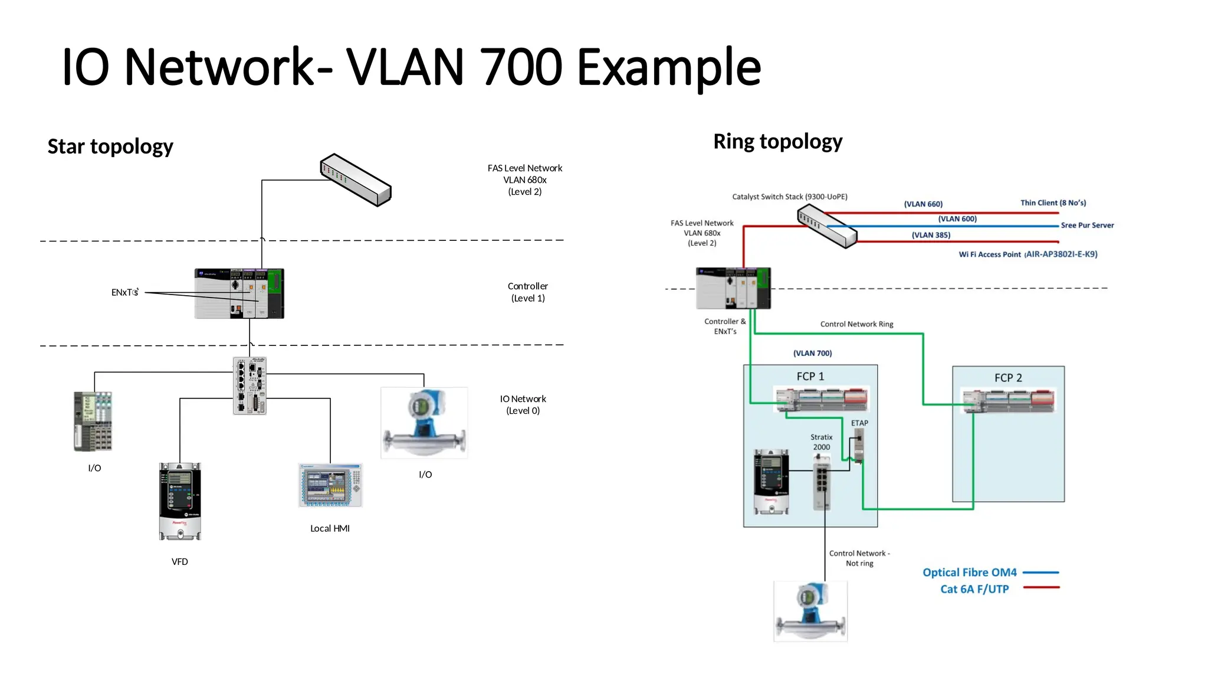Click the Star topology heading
coord(110,146)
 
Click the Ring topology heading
coord(777,142)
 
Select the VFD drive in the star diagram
coord(180,501)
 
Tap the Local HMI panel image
coord(330,485)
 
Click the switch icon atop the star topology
coord(356,180)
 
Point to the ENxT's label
coord(125,292)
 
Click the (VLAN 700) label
coord(812,353)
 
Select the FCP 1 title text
coord(810,377)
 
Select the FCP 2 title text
coord(1008,378)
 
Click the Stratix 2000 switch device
coord(821,486)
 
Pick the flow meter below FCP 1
coord(810,612)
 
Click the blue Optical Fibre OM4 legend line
coord(1040,573)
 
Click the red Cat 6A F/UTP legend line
coord(1041,587)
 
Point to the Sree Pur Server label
coord(1087,225)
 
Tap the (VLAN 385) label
coord(931,235)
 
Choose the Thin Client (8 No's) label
coord(1053,203)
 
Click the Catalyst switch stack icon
coord(827,226)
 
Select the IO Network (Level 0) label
coord(523,405)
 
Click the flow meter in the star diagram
coord(424,423)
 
